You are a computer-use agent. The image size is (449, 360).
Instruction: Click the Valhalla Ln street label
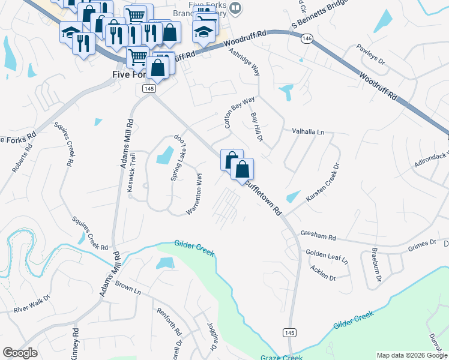(308, 131)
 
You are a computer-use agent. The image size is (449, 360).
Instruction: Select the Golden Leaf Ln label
(327, 256)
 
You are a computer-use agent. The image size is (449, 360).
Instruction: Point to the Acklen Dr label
(324, 274)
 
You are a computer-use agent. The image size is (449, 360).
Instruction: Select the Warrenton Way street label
(194, 194)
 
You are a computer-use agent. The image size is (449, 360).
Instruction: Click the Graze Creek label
(282, 357)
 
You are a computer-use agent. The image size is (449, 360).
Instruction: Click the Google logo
(20, 353)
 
